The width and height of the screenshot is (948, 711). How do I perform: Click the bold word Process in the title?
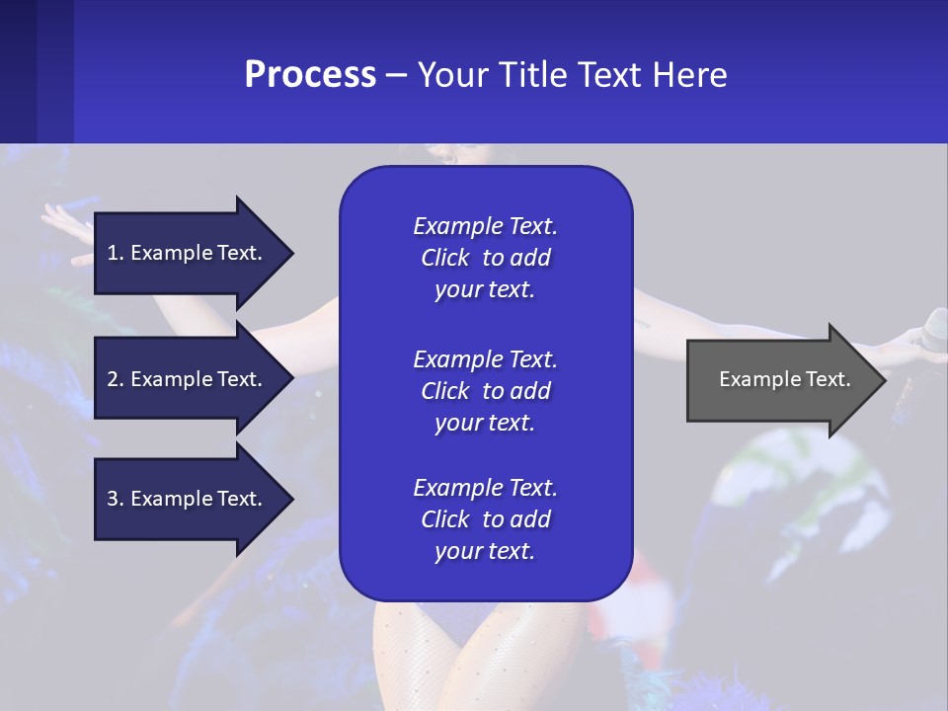pyautogui.click(x=310, y=75)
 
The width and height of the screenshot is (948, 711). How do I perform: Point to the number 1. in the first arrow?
pyautogui.click(x=116, y=253)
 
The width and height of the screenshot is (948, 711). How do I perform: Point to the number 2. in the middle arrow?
pyautogui.click(x=116, y=379)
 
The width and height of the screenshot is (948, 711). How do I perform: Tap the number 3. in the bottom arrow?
pyautogui.click(x=116, y=499)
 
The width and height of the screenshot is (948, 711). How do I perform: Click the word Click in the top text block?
pyautogui.click(x=444, y=258)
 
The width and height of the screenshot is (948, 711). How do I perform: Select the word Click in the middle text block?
pyautogui.click(x=444, y=391)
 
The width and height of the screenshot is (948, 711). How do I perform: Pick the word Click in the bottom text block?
pyautogui.click(x=444, y=519)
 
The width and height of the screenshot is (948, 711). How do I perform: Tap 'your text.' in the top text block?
pyautogui.click(x=485, y=290)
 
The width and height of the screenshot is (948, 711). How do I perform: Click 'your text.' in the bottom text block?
pyautogui.click(x=485, y=552)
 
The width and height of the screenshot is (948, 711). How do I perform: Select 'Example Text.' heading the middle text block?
pyautogui.click(x=485, y=358)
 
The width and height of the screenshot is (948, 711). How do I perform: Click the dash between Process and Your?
pyautogui.click(x=397, y=76)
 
